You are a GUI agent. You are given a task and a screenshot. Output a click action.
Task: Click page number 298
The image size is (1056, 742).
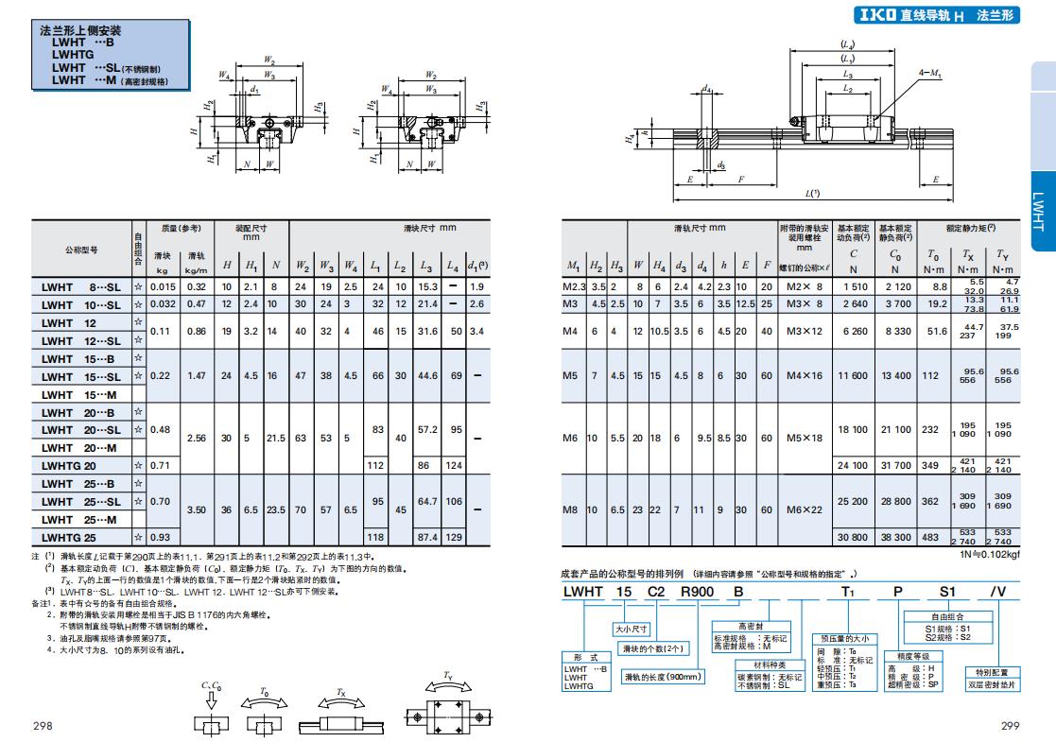click(43, 726)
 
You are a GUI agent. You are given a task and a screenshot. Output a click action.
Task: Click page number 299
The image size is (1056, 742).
click(1011, 726)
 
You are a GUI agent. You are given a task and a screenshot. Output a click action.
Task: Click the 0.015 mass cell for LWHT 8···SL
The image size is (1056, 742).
click(163, 286)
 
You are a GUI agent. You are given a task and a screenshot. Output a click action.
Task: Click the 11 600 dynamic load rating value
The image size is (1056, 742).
click(853, 375)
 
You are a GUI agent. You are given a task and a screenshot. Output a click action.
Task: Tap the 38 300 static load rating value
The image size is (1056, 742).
click(895, 537)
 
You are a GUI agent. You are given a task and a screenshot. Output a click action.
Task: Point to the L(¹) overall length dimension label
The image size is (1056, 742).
click(812, 193)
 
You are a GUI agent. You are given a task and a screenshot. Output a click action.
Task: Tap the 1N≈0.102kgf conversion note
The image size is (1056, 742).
click(988, 555)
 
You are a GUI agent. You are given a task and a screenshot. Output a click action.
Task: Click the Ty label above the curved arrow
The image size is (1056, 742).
click(446, 676)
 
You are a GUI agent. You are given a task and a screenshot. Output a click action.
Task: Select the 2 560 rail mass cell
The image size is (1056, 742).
click(197, 439)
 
